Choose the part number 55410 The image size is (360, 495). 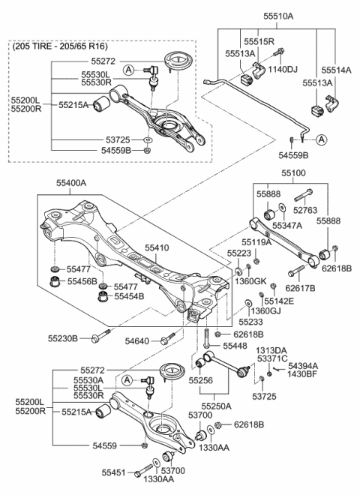tap(157, 246)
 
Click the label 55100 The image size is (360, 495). tap(295, 172)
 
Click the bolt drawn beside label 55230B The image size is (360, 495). tap(105, 338)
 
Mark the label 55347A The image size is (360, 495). tap(287, 224)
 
